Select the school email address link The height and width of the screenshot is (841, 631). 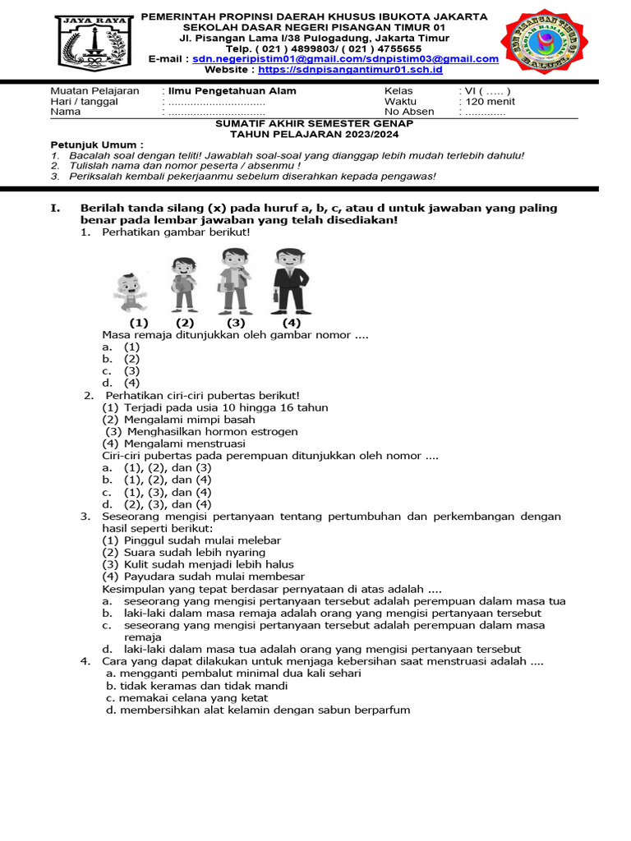(x=345, y=59)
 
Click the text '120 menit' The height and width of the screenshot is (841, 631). (x=489, y=102)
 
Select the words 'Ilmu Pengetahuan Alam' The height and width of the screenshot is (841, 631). (x=233, y=91)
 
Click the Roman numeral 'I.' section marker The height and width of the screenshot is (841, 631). (x=56, y=209)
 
